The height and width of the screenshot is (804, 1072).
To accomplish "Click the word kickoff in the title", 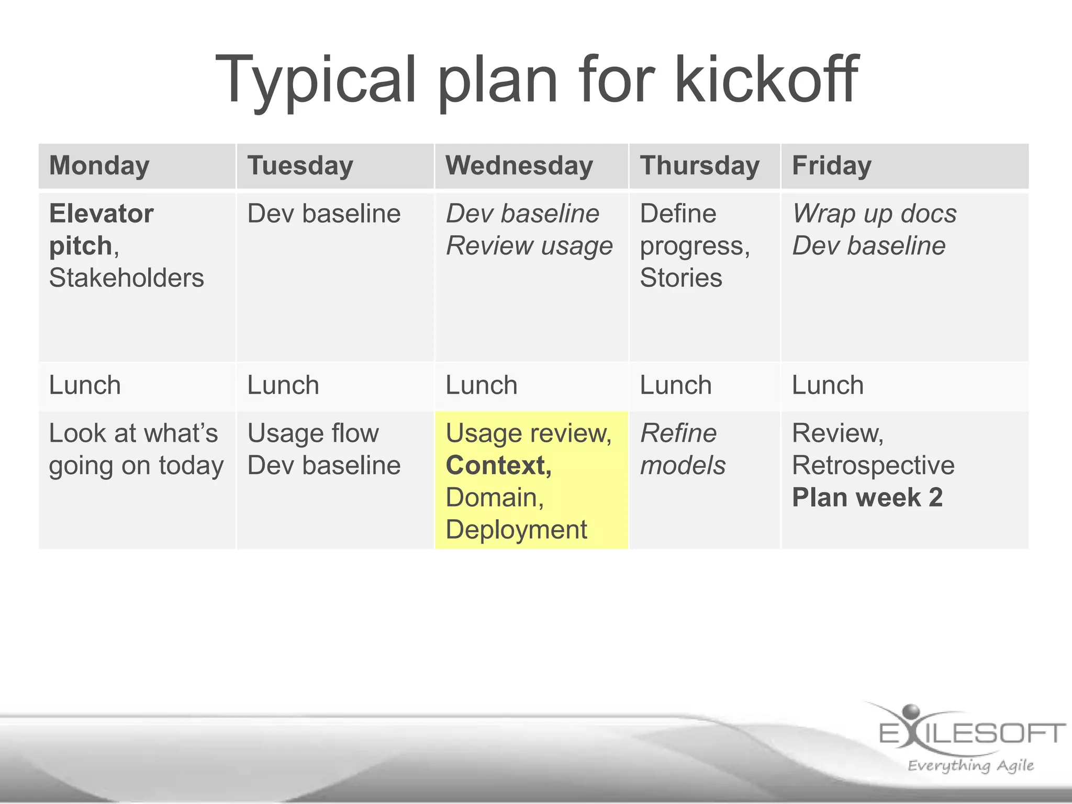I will [766, 80].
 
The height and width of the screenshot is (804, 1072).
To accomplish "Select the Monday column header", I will [99, 165].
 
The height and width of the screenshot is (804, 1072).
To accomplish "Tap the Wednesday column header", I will [519, 165].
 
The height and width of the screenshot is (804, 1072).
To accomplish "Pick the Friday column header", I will [831, 165].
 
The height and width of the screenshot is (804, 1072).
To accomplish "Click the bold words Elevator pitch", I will [101, 229].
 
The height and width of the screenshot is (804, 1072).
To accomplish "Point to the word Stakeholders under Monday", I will [127, 277].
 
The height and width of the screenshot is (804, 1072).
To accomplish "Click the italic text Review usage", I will [529, 245].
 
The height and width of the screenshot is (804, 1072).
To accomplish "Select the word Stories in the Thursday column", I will [680, 277].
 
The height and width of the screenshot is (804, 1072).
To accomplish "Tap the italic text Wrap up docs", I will [874, 214].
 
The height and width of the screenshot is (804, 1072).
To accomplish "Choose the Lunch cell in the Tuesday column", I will [283, 385].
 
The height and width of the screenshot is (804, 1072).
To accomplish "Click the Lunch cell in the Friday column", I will [828, 385].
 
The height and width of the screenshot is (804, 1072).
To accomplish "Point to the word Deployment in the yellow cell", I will [516, 529].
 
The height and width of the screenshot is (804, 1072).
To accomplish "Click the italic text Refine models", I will [683, 449].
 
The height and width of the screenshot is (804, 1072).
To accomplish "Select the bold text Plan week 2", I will [867, 497].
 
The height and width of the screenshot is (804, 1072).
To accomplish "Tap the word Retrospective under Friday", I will [873, 465].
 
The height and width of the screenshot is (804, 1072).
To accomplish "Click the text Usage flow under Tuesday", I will [312, 433].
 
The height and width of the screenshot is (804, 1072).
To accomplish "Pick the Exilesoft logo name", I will [971, 733].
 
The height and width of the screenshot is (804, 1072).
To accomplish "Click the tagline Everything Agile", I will [970, 765].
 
